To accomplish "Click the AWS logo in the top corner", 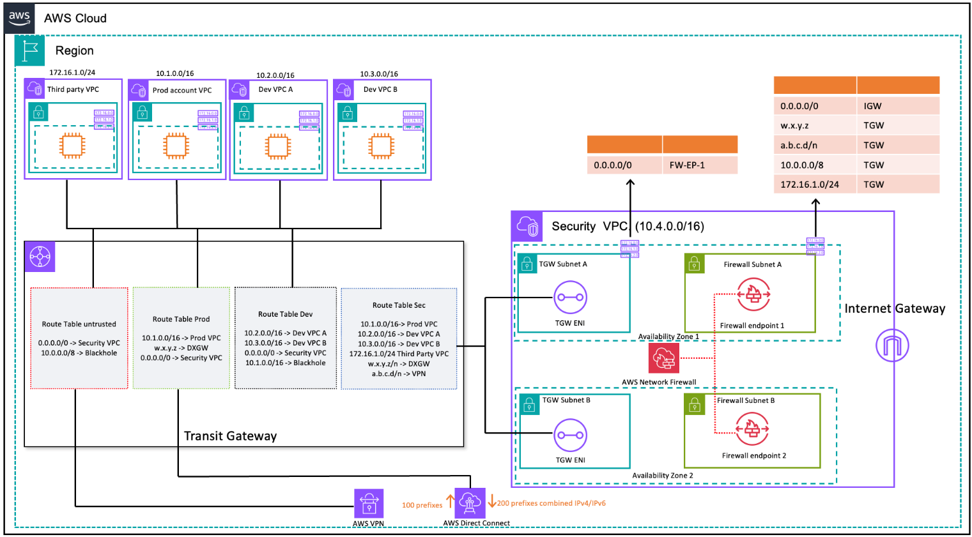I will pos(19,18).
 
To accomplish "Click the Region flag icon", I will pos(29,50).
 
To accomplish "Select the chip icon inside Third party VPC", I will pos(72,146).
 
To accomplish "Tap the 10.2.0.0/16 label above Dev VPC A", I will pos(275,75).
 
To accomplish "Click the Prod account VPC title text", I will pos(182,90).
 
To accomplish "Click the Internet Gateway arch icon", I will pos(892,345).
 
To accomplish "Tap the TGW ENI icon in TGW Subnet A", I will pos(570,297).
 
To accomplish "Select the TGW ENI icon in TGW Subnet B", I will pos(570,435).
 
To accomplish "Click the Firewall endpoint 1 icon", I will pos(753,295).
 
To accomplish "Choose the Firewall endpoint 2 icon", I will pos(752,428).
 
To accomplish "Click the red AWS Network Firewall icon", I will pos(664,358).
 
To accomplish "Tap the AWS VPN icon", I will pos(369,504).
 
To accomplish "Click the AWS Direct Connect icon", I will pos(470,503).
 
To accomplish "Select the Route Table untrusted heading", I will pos(79,324).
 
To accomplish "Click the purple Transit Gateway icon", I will pos(40,257).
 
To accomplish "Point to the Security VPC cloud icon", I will pos(527,226).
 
